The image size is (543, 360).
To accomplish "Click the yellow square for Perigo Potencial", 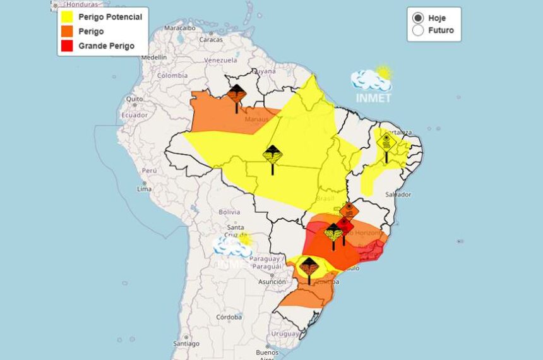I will (68, 17).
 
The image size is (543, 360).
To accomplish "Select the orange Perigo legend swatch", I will (68, 31).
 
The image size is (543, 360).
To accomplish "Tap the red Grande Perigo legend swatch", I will (68, 45).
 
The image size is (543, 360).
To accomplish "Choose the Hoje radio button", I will (418, 18).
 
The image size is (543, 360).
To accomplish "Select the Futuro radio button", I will (418, 30).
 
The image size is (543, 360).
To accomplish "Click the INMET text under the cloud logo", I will (373, 98).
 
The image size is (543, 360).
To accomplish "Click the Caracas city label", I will (211, 39).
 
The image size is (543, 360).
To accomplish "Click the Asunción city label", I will (271, 282).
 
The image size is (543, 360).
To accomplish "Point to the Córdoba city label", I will (229, 317).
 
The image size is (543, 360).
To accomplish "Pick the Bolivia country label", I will (229, 212).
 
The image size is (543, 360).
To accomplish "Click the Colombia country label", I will (172, 75).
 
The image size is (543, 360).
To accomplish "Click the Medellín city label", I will (153, 57).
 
